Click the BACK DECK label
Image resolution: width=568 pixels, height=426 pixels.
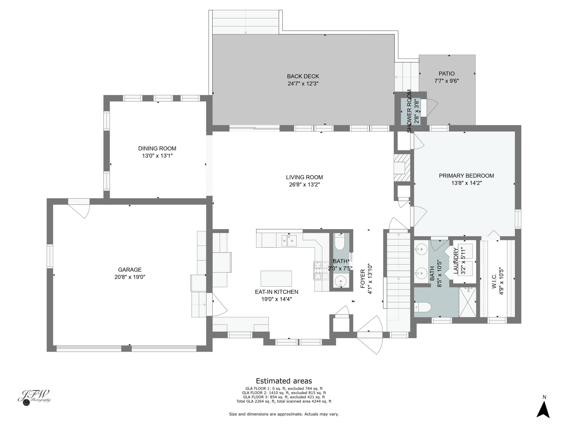click(x=303, y=76)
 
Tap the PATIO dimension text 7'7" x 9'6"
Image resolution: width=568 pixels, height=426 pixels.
click(x=446, y=81)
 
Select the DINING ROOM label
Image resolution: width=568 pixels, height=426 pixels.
click(x=157, y=148)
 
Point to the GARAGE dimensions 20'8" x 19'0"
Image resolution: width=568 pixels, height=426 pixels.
click(x=130, y=277)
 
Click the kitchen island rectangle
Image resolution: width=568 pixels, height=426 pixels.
click(x=276, y=278)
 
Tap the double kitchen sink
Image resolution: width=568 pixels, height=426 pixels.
click(x=289, y=241)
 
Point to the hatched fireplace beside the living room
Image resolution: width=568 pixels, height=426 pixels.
click(x=402, y=168)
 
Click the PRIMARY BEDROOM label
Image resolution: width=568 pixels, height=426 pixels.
click(x=466, y=176)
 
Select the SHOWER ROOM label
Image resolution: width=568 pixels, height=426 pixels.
click(x=409, y=111)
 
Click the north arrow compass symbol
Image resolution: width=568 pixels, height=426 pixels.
click(x=543, y=409)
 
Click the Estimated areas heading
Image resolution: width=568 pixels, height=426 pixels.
click(x=284, y=381)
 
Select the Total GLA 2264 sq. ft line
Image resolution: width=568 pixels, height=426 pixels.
click(x=284, y=401)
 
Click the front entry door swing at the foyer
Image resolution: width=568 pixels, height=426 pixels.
click(x=370, y=335)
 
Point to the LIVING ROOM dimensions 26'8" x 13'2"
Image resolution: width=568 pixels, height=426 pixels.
click(x=304, y=185)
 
